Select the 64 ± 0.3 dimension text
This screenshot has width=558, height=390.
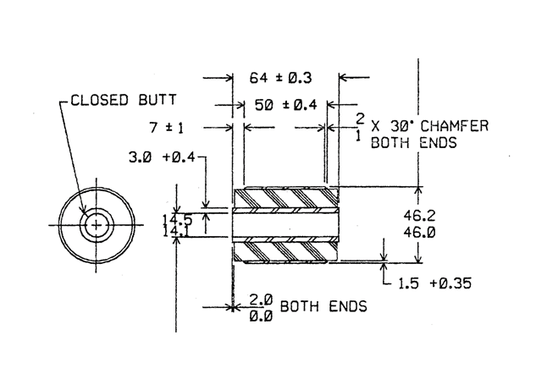[x=280, y=78]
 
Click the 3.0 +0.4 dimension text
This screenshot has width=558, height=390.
[x=161, y=157]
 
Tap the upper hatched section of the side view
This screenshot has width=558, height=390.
[x=285, y=199]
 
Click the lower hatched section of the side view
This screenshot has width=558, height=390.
[x=285, y=250]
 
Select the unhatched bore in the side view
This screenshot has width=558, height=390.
[x=285, y=225]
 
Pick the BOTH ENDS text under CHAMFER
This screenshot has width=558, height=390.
[x=415, y=142]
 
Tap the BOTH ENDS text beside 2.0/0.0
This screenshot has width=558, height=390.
[x=323, y=306]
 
